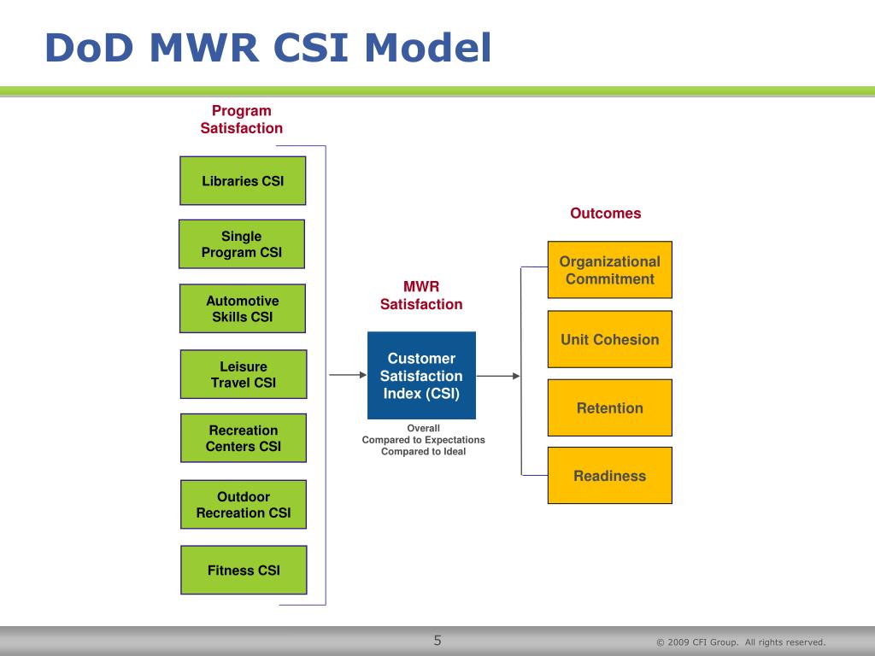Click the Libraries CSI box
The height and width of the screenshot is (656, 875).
243,181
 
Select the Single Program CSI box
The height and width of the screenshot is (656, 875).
242,243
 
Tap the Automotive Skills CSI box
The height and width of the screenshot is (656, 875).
242,308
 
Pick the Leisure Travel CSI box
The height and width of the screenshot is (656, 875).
244,374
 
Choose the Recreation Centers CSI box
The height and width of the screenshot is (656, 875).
244,438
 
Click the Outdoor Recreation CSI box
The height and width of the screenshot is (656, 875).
244,504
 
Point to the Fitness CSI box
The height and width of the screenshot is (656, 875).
244,570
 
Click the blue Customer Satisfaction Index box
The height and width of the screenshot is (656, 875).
421,376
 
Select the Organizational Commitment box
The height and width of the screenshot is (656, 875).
610,270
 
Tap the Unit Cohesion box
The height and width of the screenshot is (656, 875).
610,339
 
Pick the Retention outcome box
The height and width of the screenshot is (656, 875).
610,407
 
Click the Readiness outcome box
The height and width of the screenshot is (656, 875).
610,475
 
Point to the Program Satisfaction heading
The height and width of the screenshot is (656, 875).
242,120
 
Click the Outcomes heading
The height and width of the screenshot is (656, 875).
606,213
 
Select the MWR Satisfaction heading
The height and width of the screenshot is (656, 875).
421,295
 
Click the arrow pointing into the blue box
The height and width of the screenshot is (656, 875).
348,375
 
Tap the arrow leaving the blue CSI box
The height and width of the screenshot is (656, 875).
498,376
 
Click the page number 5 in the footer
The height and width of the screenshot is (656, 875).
437,641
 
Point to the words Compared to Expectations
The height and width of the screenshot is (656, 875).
424,440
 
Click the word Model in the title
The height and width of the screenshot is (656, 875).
428,48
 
